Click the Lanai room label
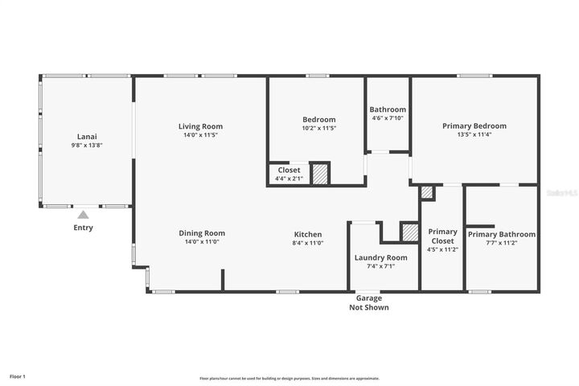88,136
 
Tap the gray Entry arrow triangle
83,215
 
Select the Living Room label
200,126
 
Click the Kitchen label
307,234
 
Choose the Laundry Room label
381,257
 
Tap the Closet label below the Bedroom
289,170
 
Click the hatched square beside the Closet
320,175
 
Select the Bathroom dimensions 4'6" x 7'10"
388,118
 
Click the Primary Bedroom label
474,126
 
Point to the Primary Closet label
442,236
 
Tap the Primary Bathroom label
502,234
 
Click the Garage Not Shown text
369,303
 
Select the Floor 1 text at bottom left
18,376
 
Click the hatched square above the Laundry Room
410,232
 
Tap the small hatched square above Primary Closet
427,192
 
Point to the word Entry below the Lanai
83,228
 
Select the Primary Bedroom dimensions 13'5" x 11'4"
474,135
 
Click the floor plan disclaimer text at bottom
289,378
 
